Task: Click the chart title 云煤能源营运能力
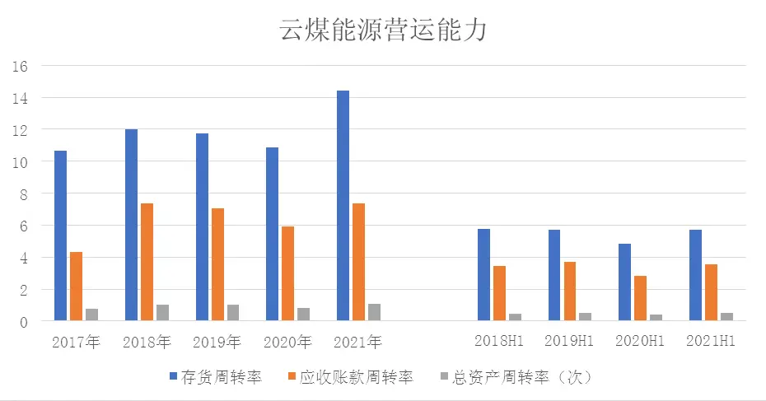(x=383, y=30)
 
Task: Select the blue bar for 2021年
(x=343, y=206)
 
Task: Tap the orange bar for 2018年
(x=147, y=262)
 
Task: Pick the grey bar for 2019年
(x=233, y=313)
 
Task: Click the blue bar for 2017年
(x=61, y=235)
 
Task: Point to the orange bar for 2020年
(x=287, y=273)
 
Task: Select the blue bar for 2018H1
(x=483, y=275)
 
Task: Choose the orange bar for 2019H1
(x=570, y=291)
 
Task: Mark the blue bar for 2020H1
(x=624, y=282)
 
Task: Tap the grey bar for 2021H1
(x=726, y=317)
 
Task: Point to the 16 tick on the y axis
(x=21, y=66)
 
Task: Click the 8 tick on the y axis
(x=24, y=194)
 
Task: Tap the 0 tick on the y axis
(x=24, y=322)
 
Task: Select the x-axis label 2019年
(x=217, y=342)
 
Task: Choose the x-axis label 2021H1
(x=711, y=341)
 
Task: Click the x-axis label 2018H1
(x=499, y=341)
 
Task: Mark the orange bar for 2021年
(x=358, y=262)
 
